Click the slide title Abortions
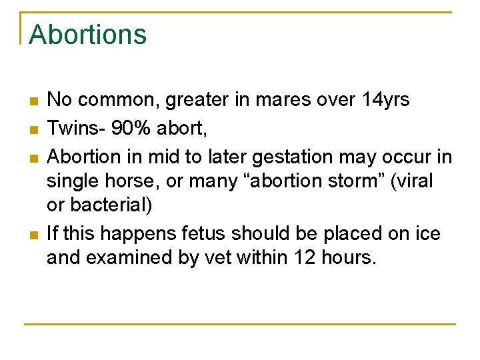point(87,35)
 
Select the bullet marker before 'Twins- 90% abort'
point(33,129)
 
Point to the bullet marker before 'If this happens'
point(33,235)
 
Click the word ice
point(427,234)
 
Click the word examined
point(131,258)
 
